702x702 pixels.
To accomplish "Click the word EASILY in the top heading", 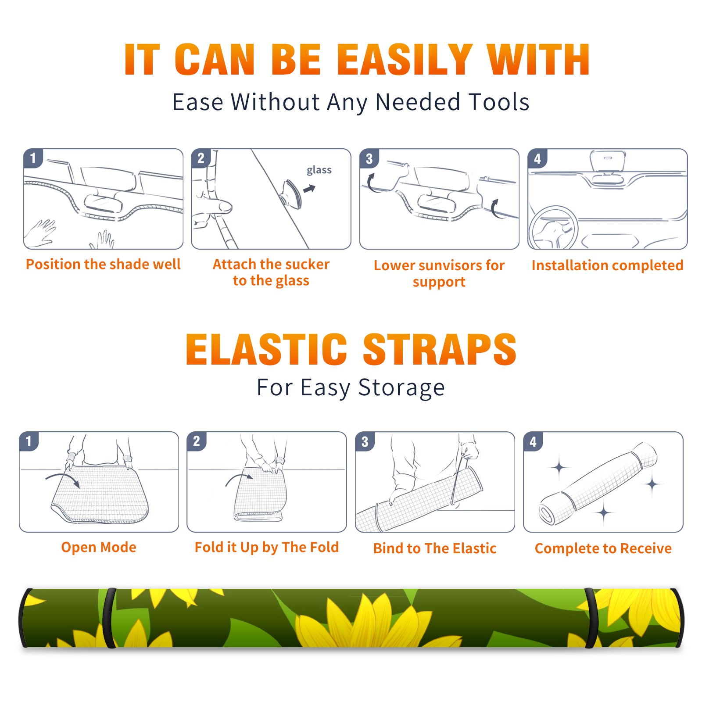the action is [405, 60].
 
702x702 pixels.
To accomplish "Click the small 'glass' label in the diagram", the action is [319, 170].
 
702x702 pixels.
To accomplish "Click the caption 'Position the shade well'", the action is [103, 264].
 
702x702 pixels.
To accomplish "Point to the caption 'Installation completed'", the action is [607, 265].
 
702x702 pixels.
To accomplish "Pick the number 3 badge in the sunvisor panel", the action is [369, 158].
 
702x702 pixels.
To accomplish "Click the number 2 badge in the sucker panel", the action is [201, 158].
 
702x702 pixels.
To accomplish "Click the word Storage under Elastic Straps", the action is [401, 388].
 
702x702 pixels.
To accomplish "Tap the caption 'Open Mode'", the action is [99, 547].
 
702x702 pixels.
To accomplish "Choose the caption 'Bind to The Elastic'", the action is [435, 548].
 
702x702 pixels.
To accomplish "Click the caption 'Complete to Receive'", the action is [603, 548].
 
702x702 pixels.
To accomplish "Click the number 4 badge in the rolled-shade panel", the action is [533, 441].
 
